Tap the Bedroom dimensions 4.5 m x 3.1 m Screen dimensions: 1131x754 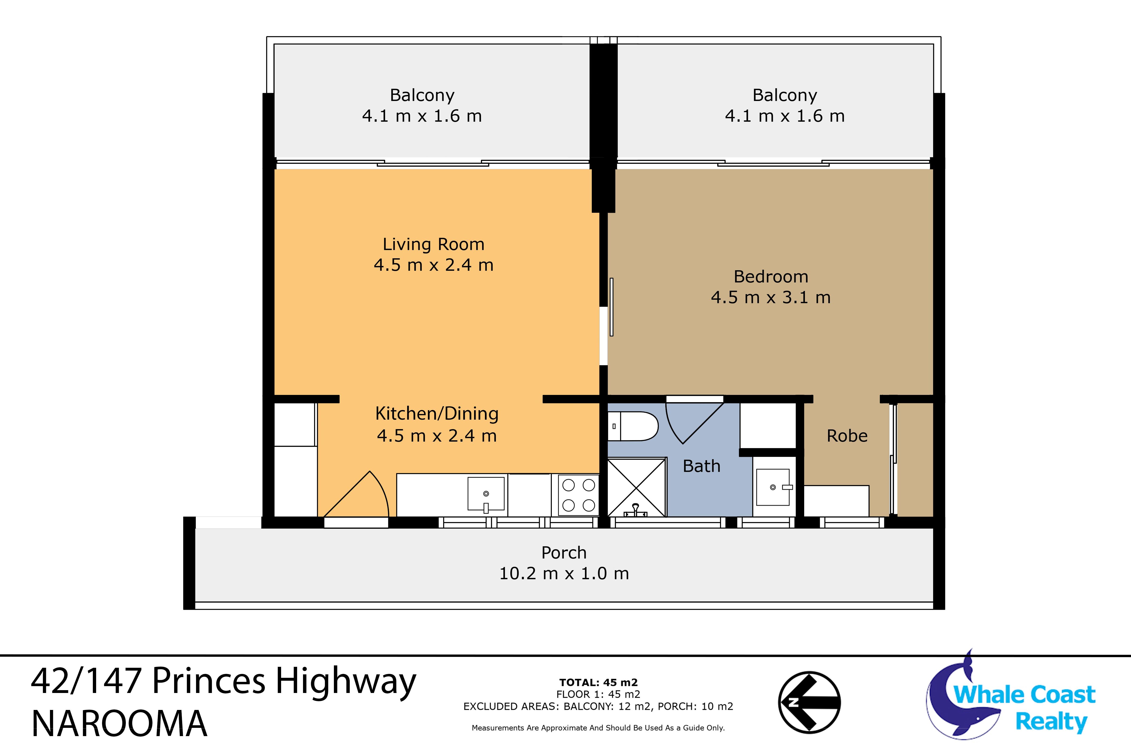click(771, 298)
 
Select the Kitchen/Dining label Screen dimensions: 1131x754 click(437, 414)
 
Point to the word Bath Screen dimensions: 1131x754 click(702, 466)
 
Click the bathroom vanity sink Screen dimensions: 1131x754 click(773, 487)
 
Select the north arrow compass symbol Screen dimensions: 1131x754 click(809, 703)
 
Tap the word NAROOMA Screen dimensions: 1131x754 click(119, 724)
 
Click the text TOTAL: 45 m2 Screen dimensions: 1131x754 click(598, 682)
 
